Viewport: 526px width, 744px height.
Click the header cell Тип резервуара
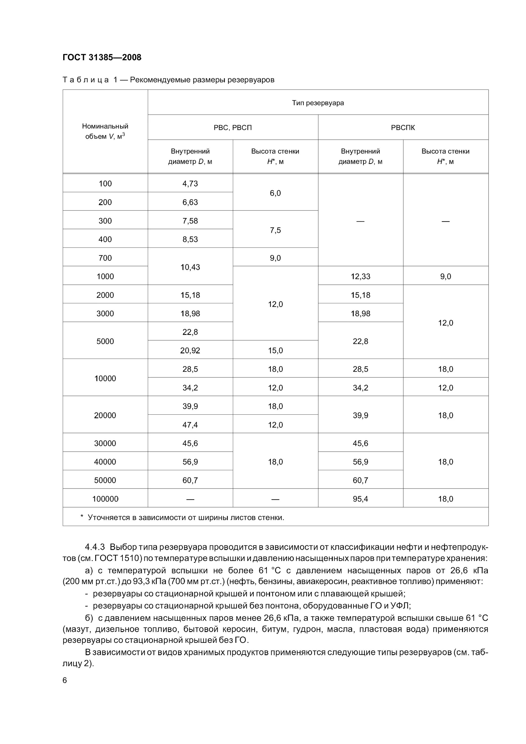[x=318, y=103]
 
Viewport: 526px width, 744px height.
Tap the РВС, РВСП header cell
[x=233, y=128]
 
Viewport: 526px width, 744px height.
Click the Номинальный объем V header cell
[x=105, y=131]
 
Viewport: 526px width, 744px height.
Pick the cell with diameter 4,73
[x=190, y=184]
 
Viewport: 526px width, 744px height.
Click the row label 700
[x=105, y=258]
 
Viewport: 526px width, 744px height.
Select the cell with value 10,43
[x=190, y=267]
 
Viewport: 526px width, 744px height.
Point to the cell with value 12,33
[x=360, y=277]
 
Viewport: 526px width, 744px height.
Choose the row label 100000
[x=105, y=499]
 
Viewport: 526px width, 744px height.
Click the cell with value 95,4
[x=360, y=499]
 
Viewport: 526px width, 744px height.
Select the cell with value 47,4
[x=190, y=425]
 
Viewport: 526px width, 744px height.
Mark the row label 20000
[x=105, y=415]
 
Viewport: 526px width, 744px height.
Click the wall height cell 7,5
[x=275, y=230]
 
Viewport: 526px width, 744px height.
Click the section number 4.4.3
[x=95, y=547]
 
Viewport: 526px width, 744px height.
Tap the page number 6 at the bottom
[x=65, y=680]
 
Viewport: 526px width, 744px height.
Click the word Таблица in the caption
[x=86, y=80]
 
